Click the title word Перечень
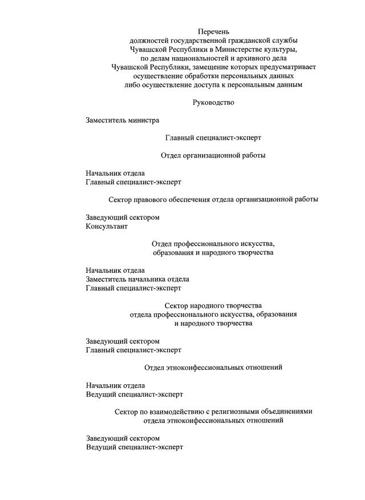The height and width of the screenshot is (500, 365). click(213, 31)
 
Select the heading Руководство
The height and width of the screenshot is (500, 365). click(213, 103)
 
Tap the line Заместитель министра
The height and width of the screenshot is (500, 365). click(123, 120)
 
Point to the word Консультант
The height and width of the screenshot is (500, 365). click(107, 226)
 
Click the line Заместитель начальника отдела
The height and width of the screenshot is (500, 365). click(137, 279)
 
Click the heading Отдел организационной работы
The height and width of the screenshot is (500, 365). click(213, 155)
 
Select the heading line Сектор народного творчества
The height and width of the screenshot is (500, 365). click(213, 305)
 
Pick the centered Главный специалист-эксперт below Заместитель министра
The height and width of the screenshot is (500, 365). click(213, 138)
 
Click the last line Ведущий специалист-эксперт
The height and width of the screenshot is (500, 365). click(135, 447)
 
